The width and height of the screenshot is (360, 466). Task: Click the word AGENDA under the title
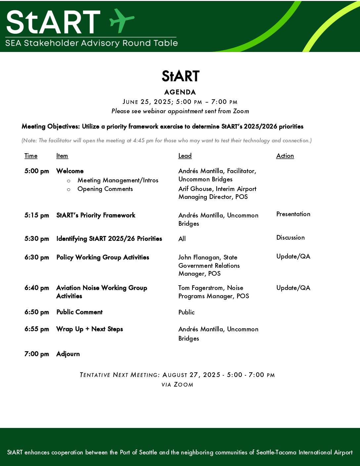click(180, 92)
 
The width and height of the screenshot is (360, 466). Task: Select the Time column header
click(31, 156)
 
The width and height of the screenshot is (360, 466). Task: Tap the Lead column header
click(185, 156)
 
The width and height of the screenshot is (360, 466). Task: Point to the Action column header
click(285, 156)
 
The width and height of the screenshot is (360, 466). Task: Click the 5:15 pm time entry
click(36, 215)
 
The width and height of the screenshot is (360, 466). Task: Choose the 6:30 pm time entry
click(36, 257)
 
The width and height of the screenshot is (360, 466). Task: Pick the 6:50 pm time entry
click(36, 312)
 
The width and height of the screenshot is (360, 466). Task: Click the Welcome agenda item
click(70, 171)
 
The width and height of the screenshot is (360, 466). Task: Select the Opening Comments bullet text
click(105, 189)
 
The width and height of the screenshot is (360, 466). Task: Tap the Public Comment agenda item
click(79, 312)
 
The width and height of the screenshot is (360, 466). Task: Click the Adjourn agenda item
click(68, 354)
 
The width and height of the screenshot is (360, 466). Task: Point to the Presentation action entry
click(293, 214)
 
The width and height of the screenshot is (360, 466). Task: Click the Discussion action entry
click(290, 238)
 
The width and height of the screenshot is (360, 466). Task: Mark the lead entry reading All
click(182, 239)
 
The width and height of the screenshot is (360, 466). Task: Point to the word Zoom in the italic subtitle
click(241, 111)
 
